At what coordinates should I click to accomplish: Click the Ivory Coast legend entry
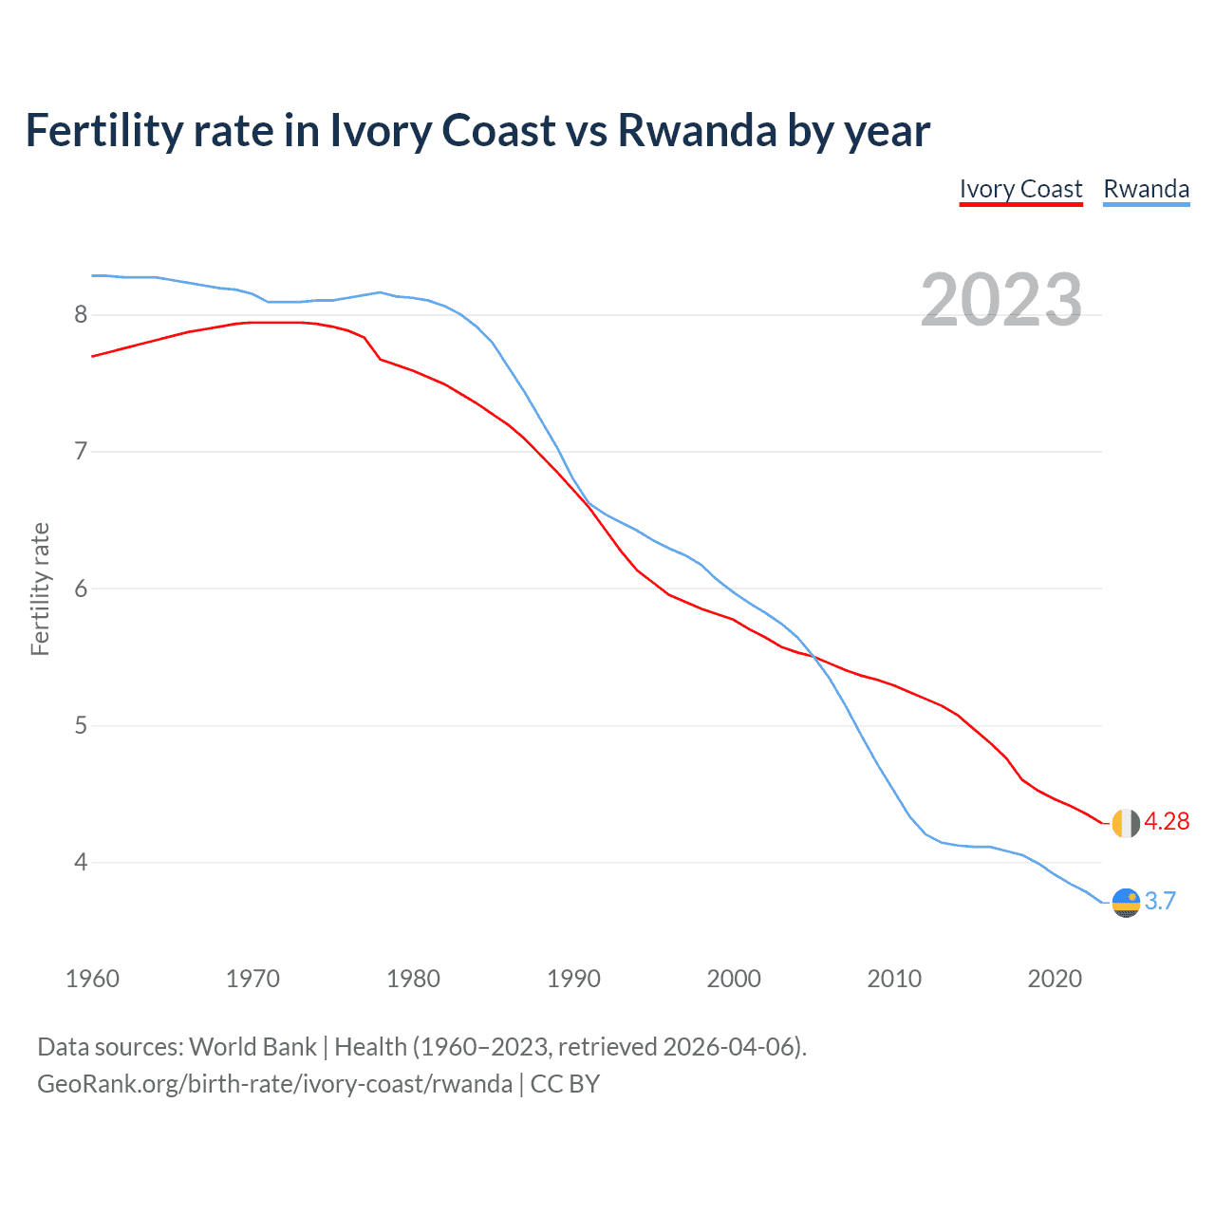pyautogui.click(x=1020, y=189)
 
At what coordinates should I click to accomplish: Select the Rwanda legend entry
pyautogui.click(x=1146, y=189)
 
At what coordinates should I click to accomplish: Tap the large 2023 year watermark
pyautogui.click(x=1001, y=300)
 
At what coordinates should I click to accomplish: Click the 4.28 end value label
pyautogui.click(x=1167, y=822)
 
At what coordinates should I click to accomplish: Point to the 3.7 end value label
pyautogui.click(x=1160, y=901)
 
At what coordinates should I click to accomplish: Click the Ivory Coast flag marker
pyautogui.click(x=1126, y=823)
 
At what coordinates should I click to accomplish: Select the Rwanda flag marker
pyautogui.click(x=1126, y=902)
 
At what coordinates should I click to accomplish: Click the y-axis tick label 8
pyautogui.click(x=81, y=314)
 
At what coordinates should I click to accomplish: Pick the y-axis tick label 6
pyautogui.click(x=81, y=589)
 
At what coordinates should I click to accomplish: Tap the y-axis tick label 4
pyautogui.click(x=81, y=862)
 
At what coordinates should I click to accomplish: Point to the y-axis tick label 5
pyautogui.click(x=81, y=725)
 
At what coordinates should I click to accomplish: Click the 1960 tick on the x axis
pyautogui.click(x=92, y=979)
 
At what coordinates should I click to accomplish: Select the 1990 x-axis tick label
pyautogui.click(x=573, y=979)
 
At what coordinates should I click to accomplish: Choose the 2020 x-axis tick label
pyautogui.click(x=1055, y=979)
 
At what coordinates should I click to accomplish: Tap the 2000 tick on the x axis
pyautogui.click(x=734, y=979)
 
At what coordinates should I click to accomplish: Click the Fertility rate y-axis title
pyautogui.click(x=40, y=589)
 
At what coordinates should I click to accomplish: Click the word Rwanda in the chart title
pyautogui.click(x=698, y=130)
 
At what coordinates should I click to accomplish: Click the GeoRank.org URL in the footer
pyautogui.click(x=274, y=1084)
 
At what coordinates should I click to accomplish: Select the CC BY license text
pyautogui.click(x=565, y=1084)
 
